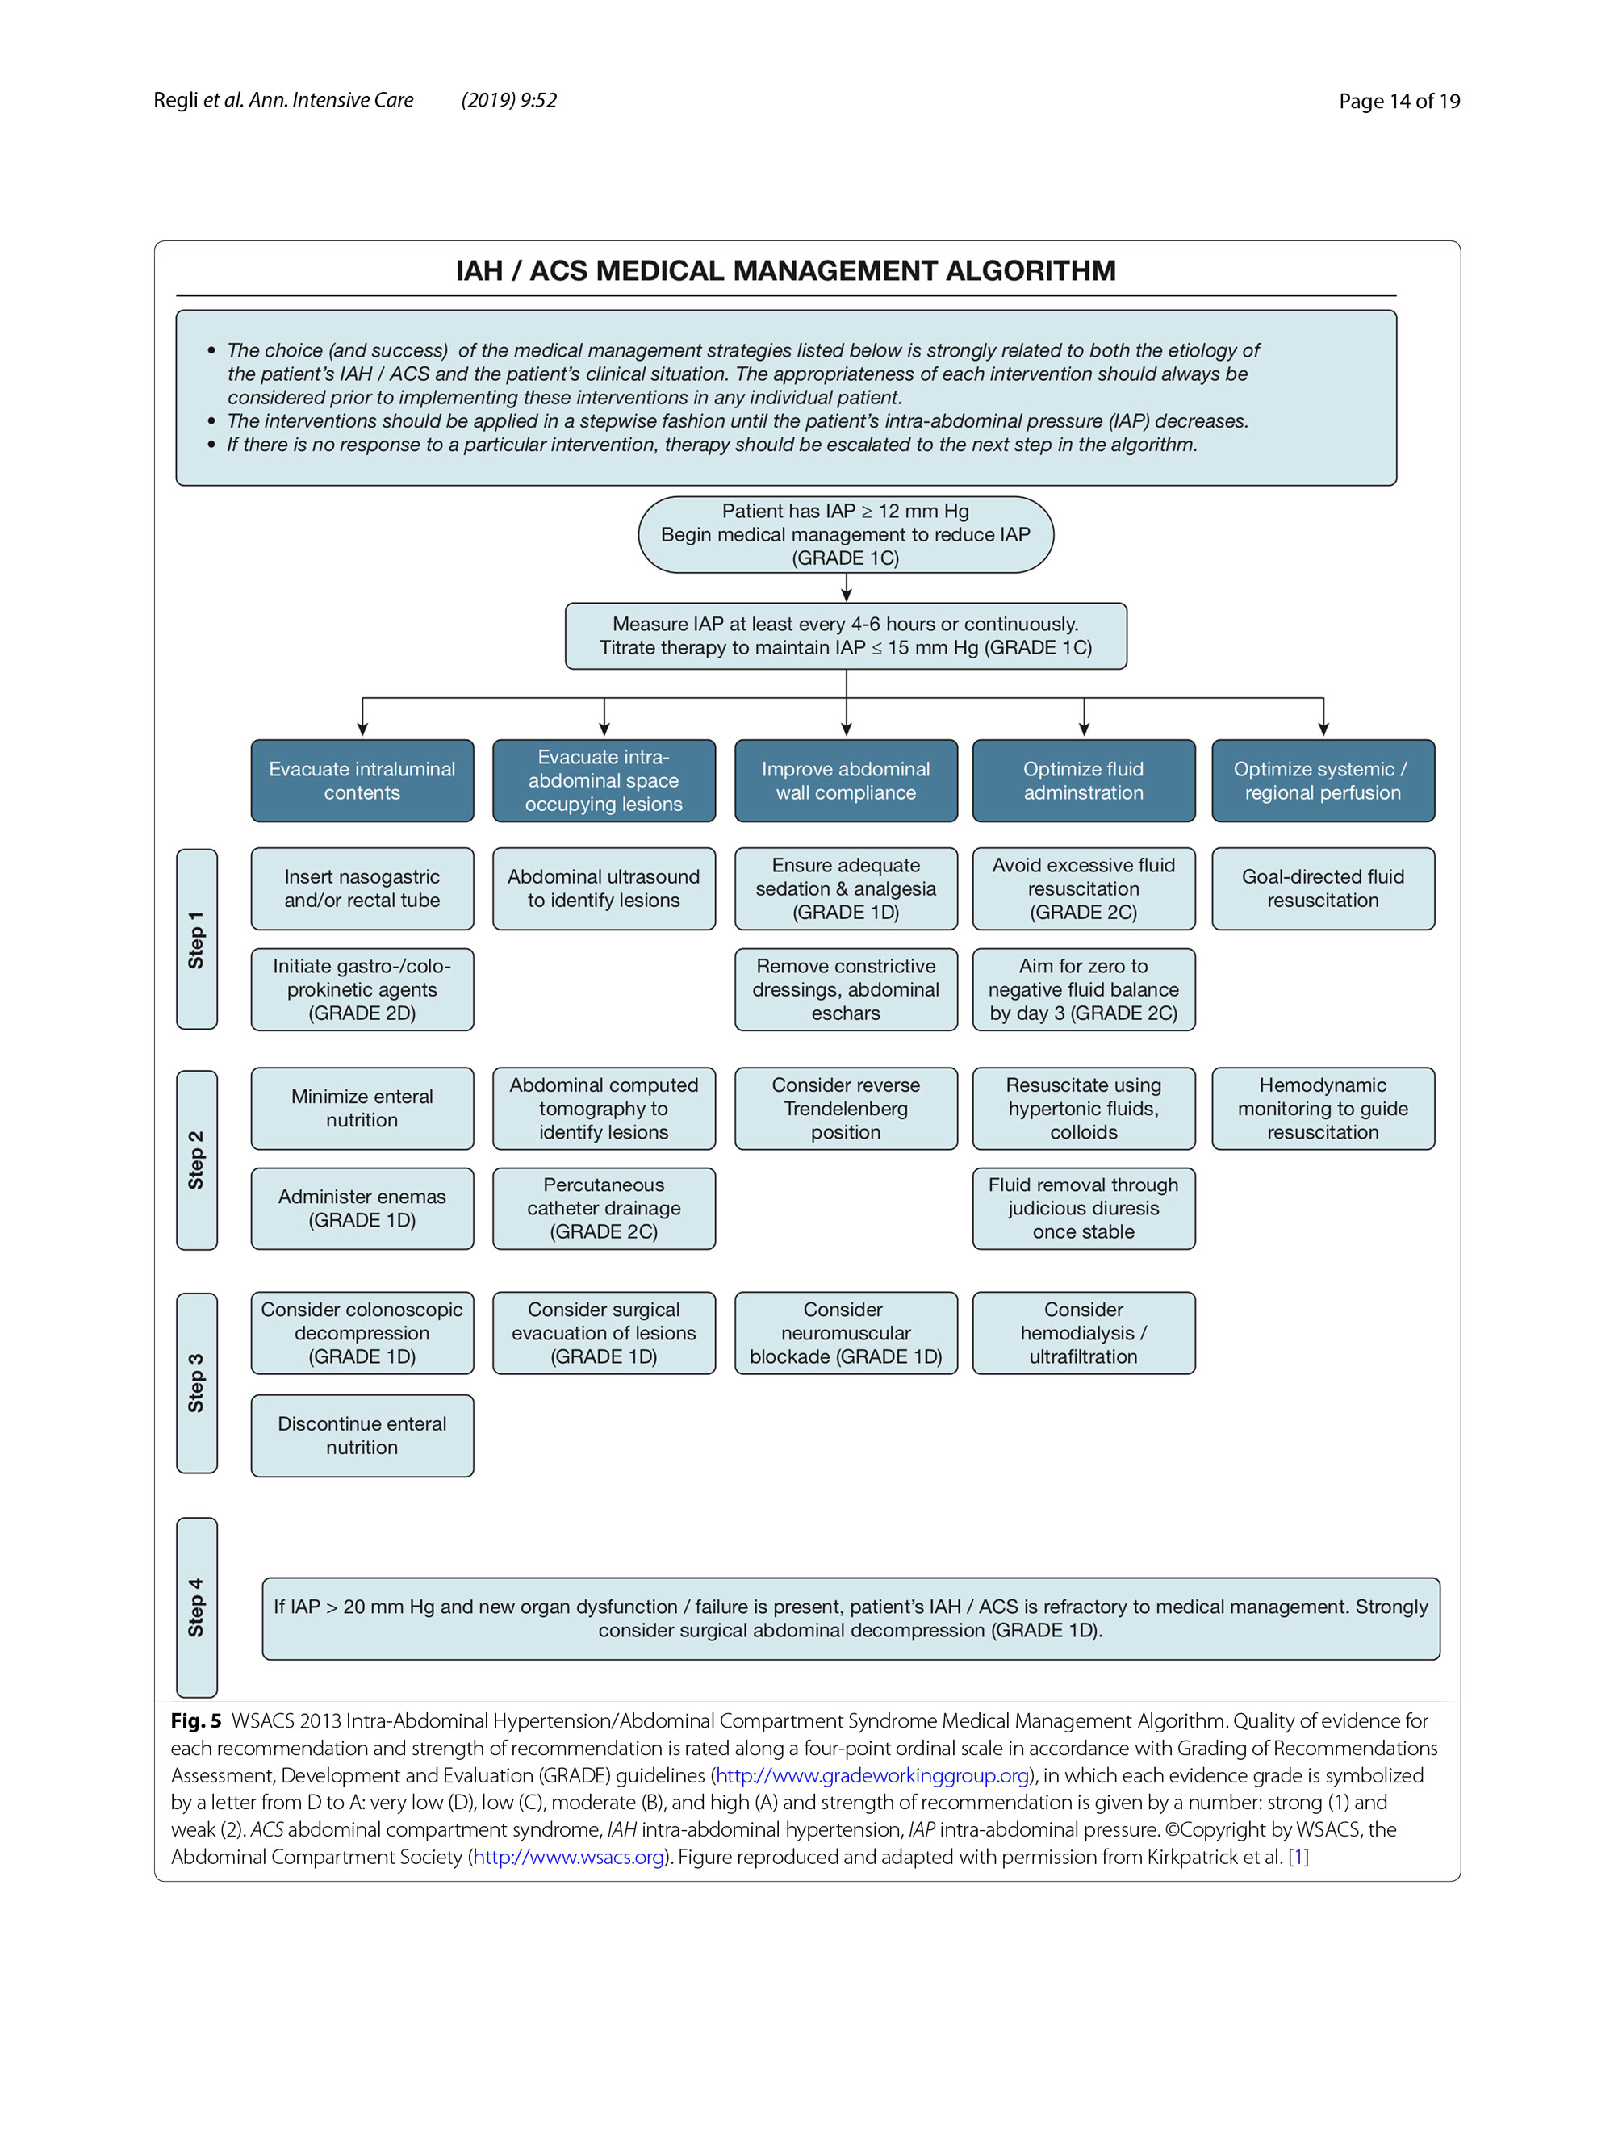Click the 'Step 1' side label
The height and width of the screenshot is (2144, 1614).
click(x=197, y=938)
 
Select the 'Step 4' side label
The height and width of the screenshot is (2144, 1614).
click(x=197, y=1607)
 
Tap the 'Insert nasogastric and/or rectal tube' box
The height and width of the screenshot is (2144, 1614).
click(x=362, y=888)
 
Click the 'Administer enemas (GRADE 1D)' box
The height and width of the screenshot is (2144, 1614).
click(x=362, y=1208)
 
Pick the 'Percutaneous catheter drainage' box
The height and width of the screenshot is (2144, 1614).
click(x=604, y=1208)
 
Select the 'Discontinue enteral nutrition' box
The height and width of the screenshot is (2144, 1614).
click(x=362, y=1436)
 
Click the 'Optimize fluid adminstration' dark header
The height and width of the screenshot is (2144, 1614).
click(x=1083, y=780)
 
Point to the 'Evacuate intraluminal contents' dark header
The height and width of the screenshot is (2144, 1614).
click(x=362, y=780)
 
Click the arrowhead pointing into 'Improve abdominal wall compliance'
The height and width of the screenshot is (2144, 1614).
click(x=847, y=729)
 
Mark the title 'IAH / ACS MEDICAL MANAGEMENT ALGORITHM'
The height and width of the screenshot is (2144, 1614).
click(x=785, y=270)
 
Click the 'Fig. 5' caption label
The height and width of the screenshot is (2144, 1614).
click(x=196, y=1720)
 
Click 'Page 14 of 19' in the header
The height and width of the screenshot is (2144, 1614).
click(x=1399, y=101)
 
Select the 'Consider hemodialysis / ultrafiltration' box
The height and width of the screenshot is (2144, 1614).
click(x=1083, y=1333)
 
